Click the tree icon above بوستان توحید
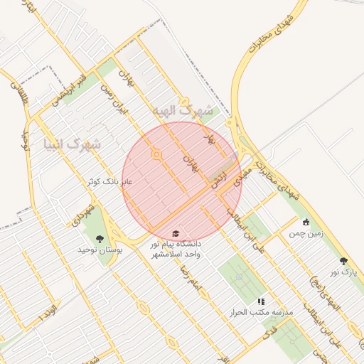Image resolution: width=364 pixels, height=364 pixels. [99, 239]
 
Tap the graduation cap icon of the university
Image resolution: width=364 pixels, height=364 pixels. [176, 234]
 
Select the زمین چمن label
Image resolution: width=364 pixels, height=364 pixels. [305, 232]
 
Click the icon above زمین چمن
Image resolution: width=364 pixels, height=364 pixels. [306, 221]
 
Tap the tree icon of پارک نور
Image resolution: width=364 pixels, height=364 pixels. [344, 261]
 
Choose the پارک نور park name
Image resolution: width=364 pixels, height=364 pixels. [345, 272]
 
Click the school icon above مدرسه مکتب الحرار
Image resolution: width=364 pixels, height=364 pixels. [260, 301]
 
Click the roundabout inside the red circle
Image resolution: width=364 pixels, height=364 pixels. [156, 154]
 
